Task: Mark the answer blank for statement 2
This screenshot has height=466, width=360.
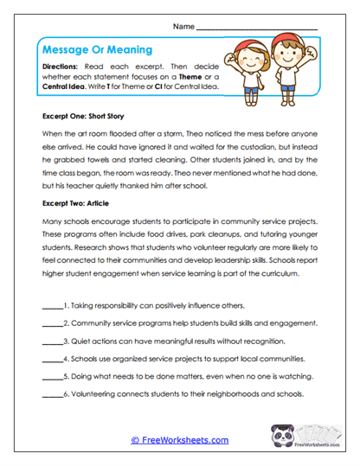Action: point(52,324)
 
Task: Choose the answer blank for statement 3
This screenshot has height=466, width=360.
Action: point(52,341)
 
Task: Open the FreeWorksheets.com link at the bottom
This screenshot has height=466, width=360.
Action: point(179,440)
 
